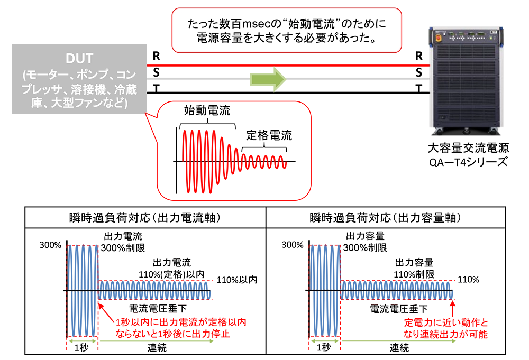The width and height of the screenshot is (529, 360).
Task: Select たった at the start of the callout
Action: click(200, 24)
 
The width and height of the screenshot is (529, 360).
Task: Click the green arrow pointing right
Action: click(268, 79)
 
